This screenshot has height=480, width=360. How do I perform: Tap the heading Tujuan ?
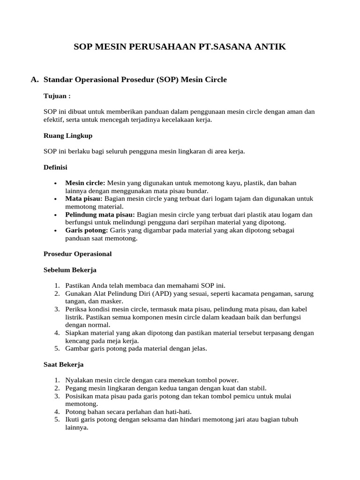(x=57, y=96)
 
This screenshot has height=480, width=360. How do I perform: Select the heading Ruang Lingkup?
(x=68, y=135)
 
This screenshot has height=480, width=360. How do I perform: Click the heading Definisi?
(x=55, y=167)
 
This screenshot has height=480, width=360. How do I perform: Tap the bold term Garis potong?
(x=87, y=231)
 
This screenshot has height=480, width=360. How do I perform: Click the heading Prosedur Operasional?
(x=77, y=254)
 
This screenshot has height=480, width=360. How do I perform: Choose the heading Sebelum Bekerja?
(x=70, y=270)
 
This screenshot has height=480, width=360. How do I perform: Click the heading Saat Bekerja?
(x=63, y=364)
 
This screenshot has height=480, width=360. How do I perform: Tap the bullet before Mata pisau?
(x=56, y=199)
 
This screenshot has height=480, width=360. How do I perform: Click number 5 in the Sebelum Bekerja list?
(x=56, y=348)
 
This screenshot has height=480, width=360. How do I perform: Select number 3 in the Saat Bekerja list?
(x=56, y=396)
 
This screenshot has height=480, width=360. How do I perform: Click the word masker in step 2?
(x=112, y=301)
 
